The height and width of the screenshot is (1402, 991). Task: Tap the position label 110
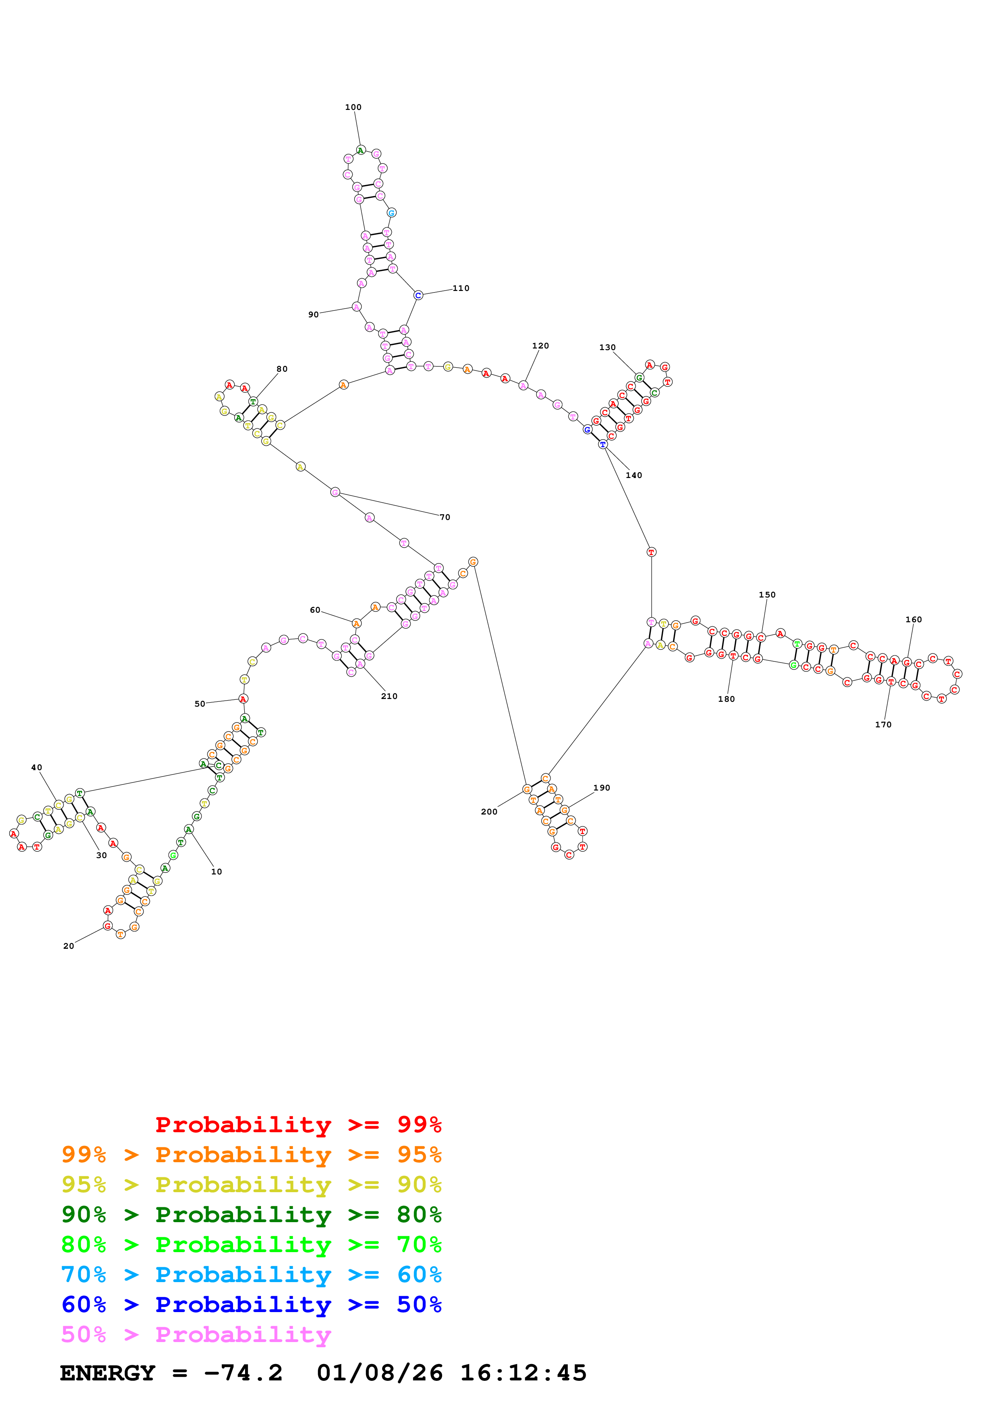[461, 288]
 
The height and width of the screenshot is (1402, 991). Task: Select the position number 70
[445, 517]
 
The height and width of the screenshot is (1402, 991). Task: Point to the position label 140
[634, 475]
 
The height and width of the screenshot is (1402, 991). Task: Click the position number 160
[913, 619]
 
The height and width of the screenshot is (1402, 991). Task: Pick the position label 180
[726, 699]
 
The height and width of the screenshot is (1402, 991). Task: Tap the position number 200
[489, 812]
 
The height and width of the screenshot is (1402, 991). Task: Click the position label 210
[389, 696]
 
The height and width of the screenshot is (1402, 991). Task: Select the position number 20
[68, 946]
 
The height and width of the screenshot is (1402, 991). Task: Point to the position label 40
[37, 768]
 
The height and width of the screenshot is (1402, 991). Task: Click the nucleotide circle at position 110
[418, 295]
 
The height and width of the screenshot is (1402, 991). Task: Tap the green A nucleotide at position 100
[361, 150]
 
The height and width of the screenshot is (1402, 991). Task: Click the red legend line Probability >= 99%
[298, 1125]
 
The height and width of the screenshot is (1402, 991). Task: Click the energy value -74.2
[243, 1373]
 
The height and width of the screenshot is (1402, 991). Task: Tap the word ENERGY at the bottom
[108, 1373]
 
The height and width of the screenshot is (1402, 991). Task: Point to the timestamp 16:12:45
[523, 1373]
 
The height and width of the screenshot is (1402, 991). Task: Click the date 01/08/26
[380, 1373]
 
